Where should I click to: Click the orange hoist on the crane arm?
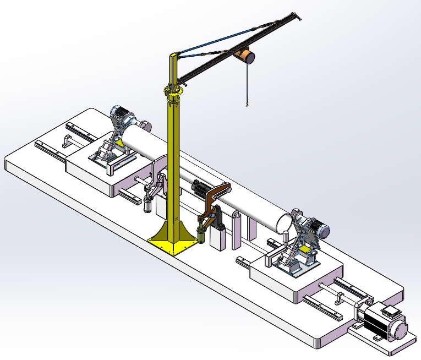click(244, 56)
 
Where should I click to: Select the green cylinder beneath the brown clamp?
click(201, 236)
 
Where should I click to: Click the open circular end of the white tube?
click(284, 224)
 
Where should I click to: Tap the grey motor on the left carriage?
click(124, 117)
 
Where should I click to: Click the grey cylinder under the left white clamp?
click(147, 205)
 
